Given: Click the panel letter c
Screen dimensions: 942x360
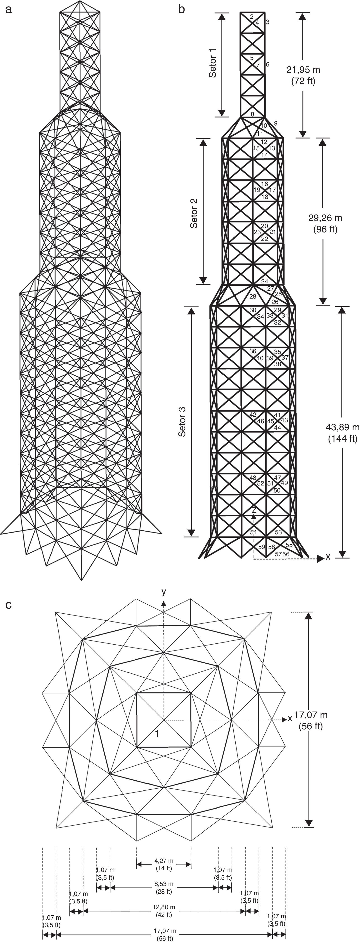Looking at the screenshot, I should [8, 605].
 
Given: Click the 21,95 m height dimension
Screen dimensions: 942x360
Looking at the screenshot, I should [303, 69].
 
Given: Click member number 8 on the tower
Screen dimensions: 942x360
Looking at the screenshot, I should [252, 114].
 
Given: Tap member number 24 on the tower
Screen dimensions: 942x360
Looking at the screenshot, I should [265, 281].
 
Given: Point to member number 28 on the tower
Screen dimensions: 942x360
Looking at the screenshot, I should [252, 296].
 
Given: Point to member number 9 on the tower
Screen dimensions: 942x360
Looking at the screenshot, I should [275, 123].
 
